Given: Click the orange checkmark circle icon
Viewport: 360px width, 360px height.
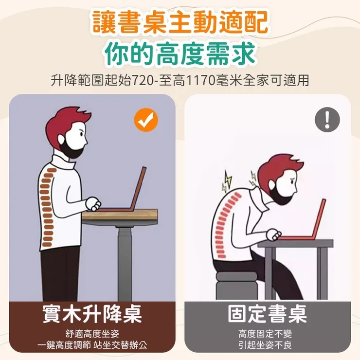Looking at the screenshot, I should coord(146,120).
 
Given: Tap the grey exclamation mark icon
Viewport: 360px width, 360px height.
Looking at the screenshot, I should coord(327,119).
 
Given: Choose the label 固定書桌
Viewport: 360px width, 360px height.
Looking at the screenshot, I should coord(268,313).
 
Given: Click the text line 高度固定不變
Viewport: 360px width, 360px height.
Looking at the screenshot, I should coord(265,334).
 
